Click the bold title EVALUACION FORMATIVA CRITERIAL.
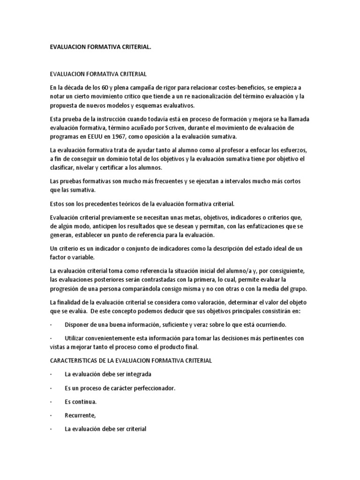pos(101,48)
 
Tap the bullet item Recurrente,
pos(80,414)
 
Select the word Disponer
pos(78,324)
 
